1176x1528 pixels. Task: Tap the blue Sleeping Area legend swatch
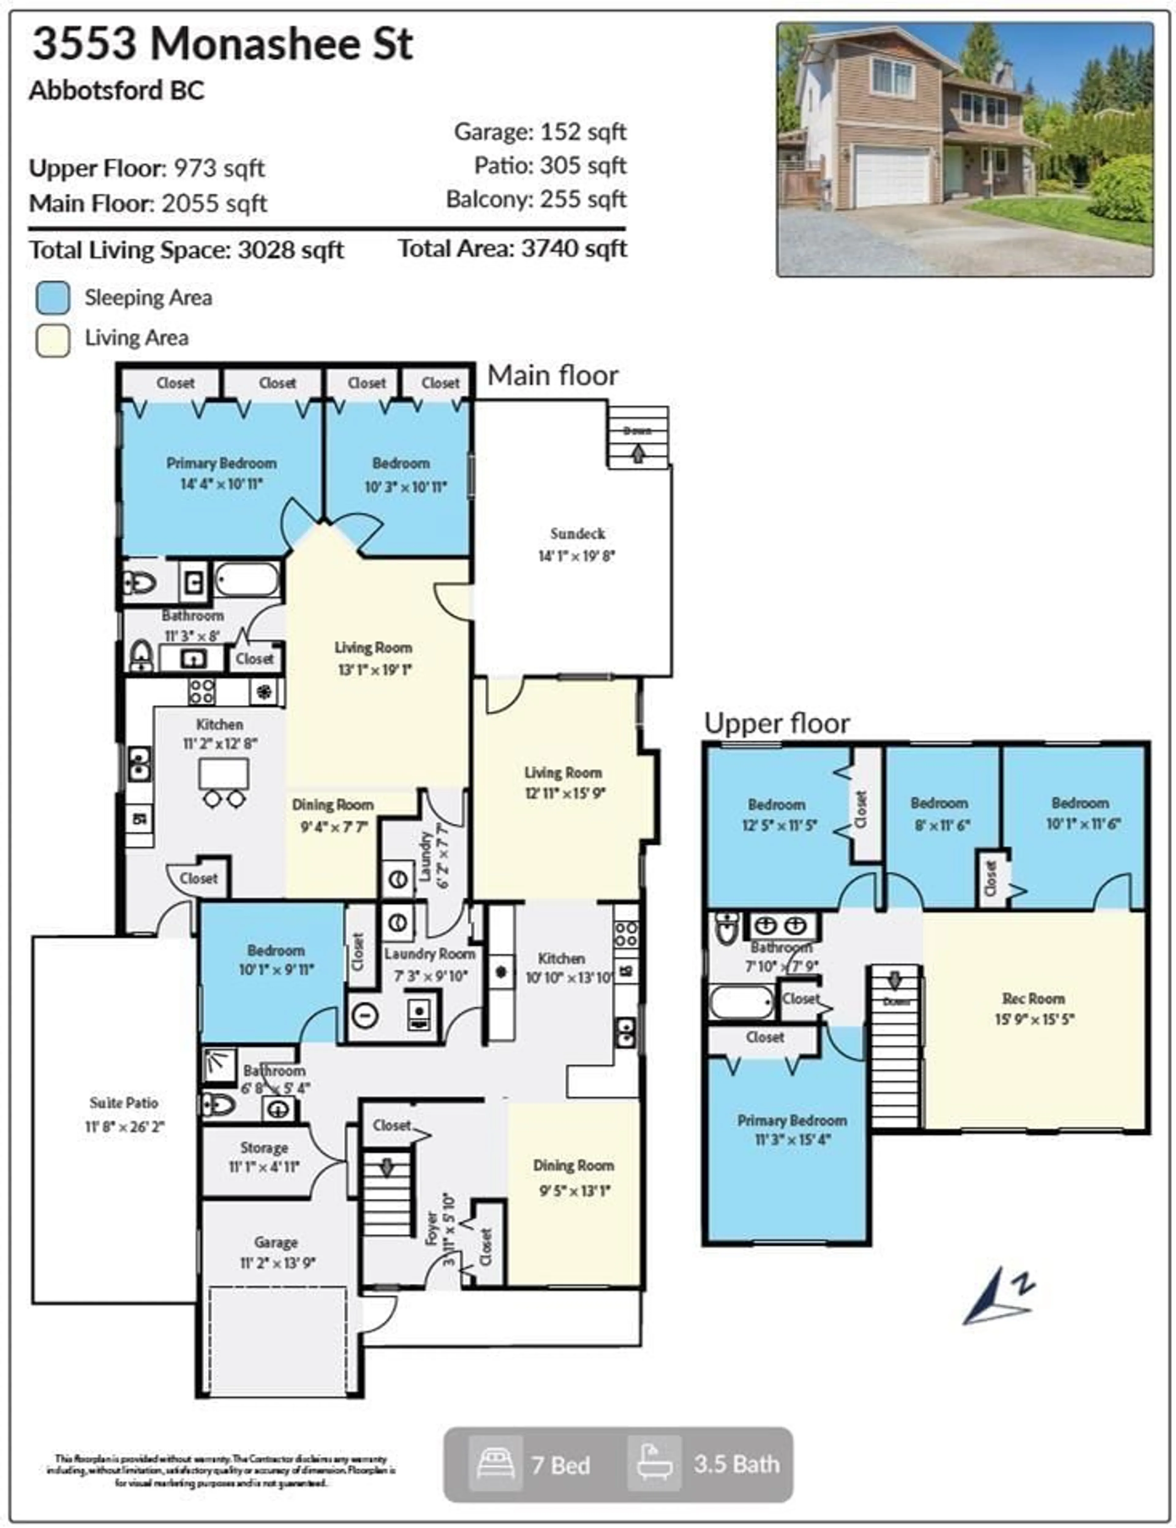tap(52, 297)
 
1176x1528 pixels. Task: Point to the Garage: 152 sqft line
tap(540, 131)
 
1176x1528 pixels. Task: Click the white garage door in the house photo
tap(893, 176)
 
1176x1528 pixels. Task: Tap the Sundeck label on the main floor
tap(577, 534)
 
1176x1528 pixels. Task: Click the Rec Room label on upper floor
tap(1033, 998)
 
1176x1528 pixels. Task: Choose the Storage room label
tap(264, 1148)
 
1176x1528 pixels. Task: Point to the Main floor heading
tap(552, 376)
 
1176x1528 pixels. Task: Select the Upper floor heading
tap(777, 724)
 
